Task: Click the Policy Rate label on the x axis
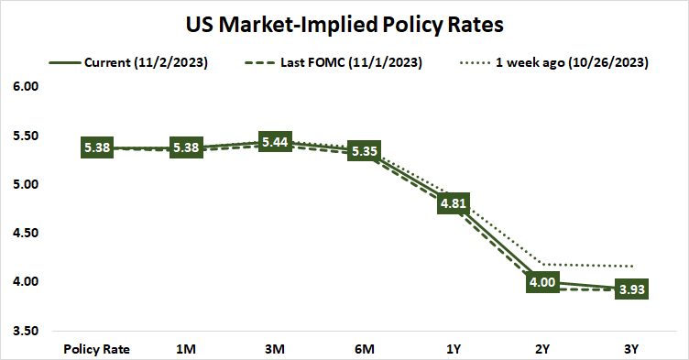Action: (97, 349)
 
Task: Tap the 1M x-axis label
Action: (187, 349)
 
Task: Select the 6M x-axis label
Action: (365, 349)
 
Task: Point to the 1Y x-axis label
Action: (454, 349)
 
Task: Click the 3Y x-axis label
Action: (632, 349)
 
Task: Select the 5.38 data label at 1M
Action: (187, 148)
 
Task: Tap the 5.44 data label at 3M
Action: (276, 142)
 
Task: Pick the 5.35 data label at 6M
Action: (365, 151)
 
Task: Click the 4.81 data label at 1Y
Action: (454, 203)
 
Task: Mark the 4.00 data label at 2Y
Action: (542, 282)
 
